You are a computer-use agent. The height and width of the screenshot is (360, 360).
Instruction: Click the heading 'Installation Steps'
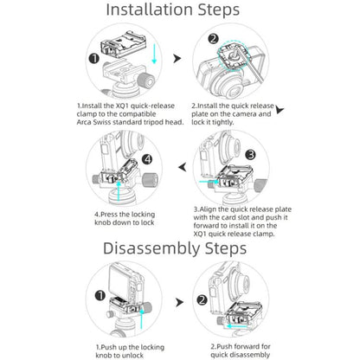point(173,10)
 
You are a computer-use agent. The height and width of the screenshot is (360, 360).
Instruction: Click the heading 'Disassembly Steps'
point(175,248)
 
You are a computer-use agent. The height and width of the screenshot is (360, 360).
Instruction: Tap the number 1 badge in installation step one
point(94,59)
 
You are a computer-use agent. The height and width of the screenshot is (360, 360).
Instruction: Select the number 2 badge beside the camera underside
point(213,39)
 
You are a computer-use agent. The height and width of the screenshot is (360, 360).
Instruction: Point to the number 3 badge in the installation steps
point(250,155)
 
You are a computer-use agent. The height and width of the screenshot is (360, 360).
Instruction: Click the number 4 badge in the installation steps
point(147,159)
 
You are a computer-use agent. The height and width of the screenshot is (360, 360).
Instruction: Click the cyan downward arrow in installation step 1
point(154,54)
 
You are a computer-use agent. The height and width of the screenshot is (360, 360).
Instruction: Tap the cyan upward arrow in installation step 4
point(119,190)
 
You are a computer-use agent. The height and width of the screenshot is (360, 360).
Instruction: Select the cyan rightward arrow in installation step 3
point(209,182)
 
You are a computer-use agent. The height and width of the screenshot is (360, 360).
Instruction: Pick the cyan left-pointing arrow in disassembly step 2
point(236,326)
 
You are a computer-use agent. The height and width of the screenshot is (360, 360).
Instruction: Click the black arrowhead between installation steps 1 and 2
point(177,59)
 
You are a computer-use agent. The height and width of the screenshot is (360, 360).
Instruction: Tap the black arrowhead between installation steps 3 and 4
point(183,167)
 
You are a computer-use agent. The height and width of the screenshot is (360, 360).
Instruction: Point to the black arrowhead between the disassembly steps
point(179,303)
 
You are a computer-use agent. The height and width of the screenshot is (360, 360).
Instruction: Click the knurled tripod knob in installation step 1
point(147,80)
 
